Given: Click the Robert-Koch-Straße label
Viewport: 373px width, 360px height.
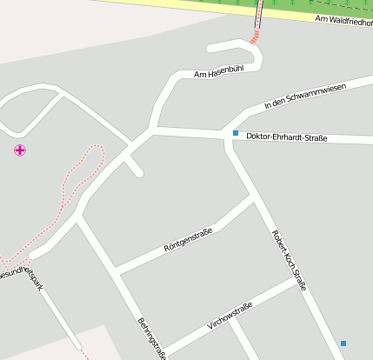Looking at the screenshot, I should pyautogui.click(x=290, y=260).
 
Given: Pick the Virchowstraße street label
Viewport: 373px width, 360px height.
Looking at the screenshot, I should pyautogui.click(x=230, y=316).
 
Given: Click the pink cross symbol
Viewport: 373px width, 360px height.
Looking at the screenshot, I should pyautogui.click(x=19, y=150).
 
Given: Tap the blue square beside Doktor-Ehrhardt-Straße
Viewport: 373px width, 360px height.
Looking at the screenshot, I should pyautogui.click(x=235, y=133).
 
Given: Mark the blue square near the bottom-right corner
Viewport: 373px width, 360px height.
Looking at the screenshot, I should pyautogui.click(x=343, y=343).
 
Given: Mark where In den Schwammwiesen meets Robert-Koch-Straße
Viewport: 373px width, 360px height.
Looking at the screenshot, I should pyautogui.click(x=228, y=130).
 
